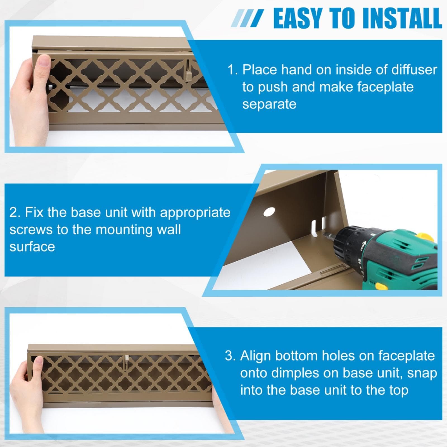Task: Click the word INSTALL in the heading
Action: (402, 18)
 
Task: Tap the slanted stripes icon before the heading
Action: (247, 18)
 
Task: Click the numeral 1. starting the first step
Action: (232, 70)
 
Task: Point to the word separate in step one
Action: (269, 104)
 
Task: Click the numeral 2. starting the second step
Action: (15, 213)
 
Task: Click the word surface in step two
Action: (32, 247)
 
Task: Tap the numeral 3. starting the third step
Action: (230, 356)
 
